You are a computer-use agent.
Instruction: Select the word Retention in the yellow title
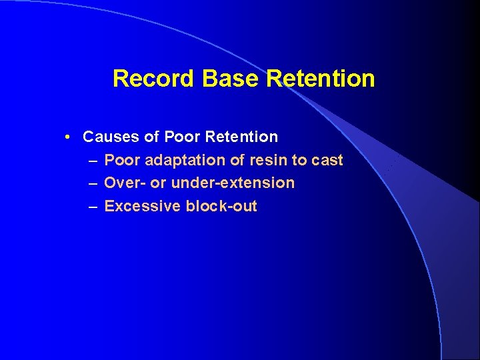tap(321, 79)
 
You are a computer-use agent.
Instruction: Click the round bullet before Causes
tap(69, 137)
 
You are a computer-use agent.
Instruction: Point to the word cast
tap(327, 160)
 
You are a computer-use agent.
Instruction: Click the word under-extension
tap(233, 183)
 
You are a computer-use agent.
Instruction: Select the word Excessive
tap(143, 206)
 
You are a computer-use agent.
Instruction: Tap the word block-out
tap(221, 206)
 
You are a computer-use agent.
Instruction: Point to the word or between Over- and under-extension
tap(157, 183)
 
